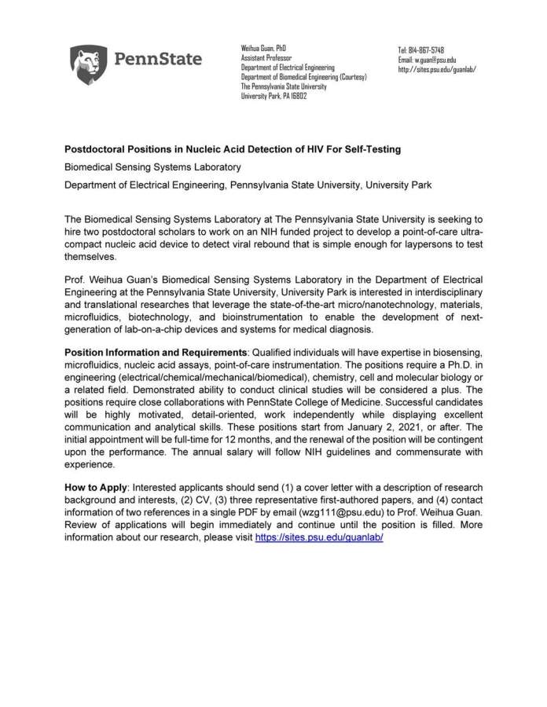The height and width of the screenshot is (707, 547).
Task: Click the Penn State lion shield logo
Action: click(89, 64)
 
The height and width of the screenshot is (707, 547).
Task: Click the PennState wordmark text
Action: click(158, 59)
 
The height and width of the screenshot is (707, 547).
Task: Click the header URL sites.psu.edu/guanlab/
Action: click(437, 69)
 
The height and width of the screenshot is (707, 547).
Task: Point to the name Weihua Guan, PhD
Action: click(263, 49)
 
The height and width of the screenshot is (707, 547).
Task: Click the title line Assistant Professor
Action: click(266, 58)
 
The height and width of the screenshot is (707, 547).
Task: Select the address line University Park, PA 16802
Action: click(273, 96)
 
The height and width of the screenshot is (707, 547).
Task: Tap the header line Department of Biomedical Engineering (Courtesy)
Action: click(303, 77)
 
